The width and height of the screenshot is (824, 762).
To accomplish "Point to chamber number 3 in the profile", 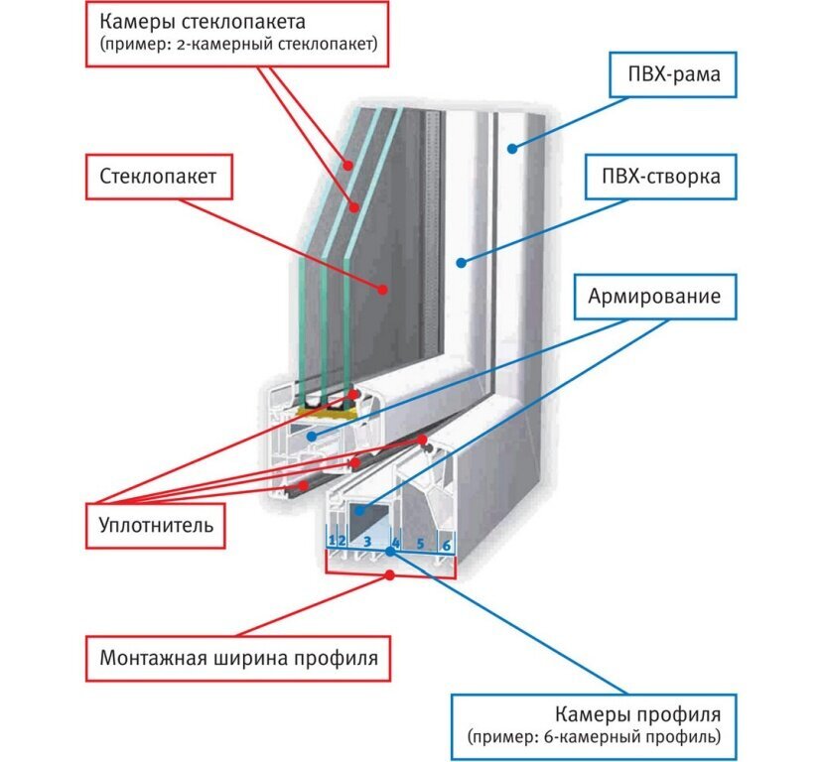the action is [x=366, y=542].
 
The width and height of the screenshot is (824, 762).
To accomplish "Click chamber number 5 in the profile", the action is [x=420, y=544].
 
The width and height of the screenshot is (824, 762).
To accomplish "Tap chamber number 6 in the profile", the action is [x=446, y=545].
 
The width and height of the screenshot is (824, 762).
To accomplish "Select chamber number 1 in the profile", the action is [x=331, y=541].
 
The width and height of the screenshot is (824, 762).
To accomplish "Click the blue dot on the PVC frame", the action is [x=510, y=150].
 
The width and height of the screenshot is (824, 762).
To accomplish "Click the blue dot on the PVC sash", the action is [x=460, y=262].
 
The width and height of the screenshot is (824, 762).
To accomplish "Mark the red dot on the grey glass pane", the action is [x=382, y=289].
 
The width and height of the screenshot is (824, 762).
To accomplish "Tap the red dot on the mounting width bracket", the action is [x=390, y=574].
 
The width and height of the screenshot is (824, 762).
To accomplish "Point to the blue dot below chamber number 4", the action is [x=390, y=551].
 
